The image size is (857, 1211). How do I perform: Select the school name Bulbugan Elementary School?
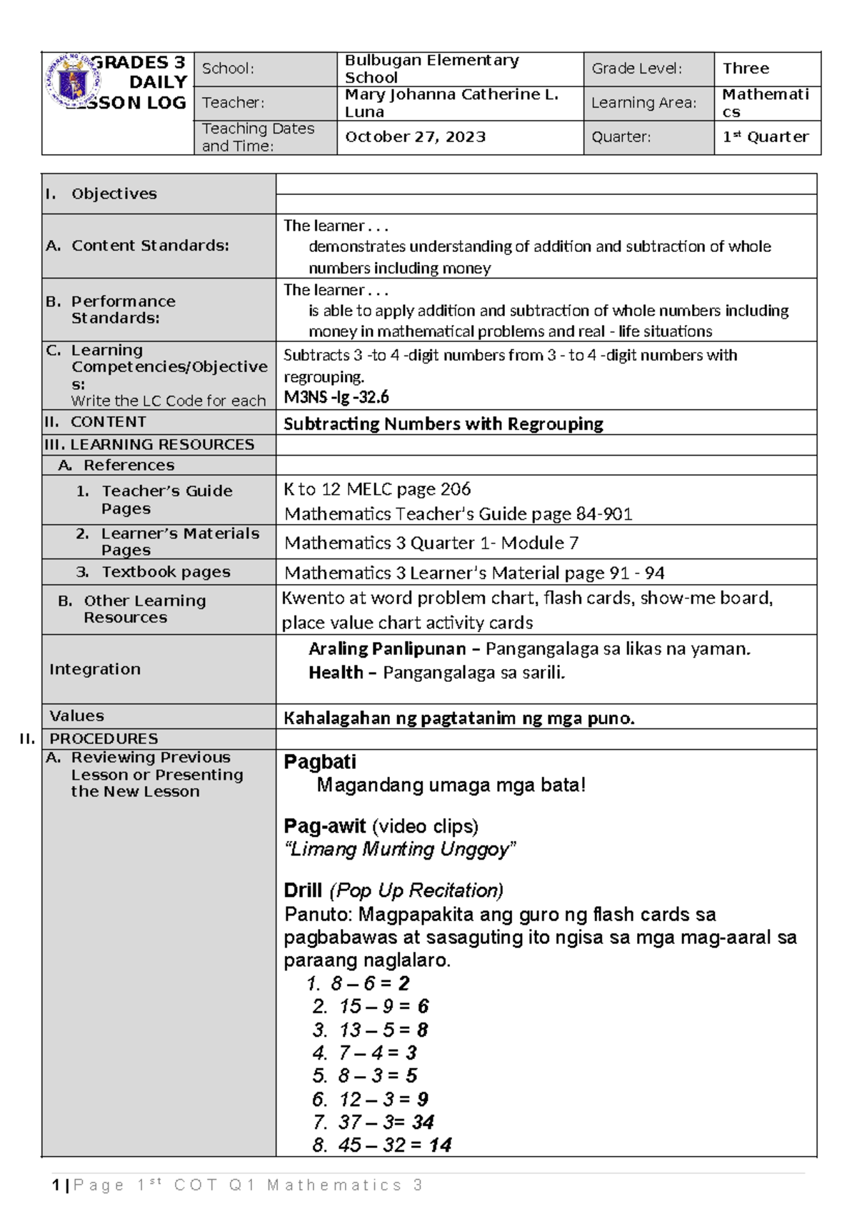pyautogui.click(x=431, y=69)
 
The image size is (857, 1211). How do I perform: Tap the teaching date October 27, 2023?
pyautogui.click(x=415, y=137)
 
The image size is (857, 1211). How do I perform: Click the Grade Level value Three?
pyautogui.click(x=746, y=69)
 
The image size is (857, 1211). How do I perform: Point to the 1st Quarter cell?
pyautogui.click(x=765, y=137)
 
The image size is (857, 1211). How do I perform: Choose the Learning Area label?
pyautogui.click(x=643, y=103)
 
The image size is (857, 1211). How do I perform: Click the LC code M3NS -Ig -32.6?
pyautogui.click(x=336, y=398)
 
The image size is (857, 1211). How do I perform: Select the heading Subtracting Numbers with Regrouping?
pyautogui.click(x=443, y=424)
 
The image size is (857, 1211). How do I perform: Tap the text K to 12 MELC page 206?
pyautogui.click(x=377, y=490)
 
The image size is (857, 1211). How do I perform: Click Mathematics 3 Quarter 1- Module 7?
pyautogui.click(x=431, y=543)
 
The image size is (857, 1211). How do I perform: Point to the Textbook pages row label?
pyautogui.click(x=166, y=572)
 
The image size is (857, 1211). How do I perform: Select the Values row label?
pyautogui.click(x=76, y=716)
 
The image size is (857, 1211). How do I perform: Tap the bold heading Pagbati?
pyautogui.click(x=319, y=762)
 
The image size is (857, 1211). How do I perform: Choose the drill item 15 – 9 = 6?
pyautogui.click(x=384, y=1007)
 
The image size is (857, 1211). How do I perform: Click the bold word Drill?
pyautogui.click(x=303, y=890)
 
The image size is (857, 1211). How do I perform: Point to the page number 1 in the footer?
pyautogui.click(x=56, y=1185)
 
